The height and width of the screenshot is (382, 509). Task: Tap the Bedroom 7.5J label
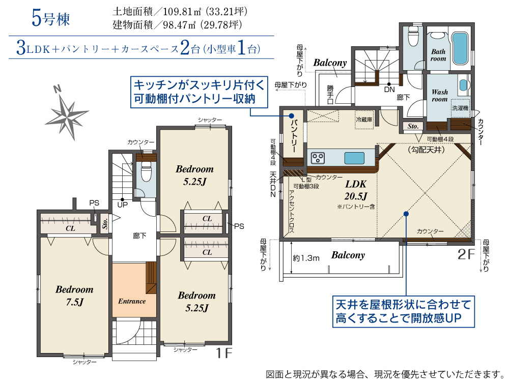point(74,296)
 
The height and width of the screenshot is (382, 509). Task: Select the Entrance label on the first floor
point(132,301)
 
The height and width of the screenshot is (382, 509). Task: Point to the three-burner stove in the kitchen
point(318,158)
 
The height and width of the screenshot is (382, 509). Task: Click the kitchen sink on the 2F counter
point(354,158)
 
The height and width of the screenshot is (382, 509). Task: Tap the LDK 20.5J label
point(356,190)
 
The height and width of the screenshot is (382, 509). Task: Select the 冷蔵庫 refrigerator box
point(364,120)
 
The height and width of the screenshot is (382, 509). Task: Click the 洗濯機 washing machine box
point(460,108)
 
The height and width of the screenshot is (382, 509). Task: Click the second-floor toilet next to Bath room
point(413,36)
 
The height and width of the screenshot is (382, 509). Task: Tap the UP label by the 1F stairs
point(122,205)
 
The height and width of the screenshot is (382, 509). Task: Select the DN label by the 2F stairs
point(389,90)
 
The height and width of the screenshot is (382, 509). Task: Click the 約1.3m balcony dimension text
point(306,258)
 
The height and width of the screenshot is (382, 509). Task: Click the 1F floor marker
point(224,353)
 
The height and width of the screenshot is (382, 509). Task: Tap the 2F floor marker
point(466,254)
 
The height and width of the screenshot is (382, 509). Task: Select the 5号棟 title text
point(50,18)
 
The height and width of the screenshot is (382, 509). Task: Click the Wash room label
point(440,96)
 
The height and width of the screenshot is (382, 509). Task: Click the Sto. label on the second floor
point(413,126)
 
